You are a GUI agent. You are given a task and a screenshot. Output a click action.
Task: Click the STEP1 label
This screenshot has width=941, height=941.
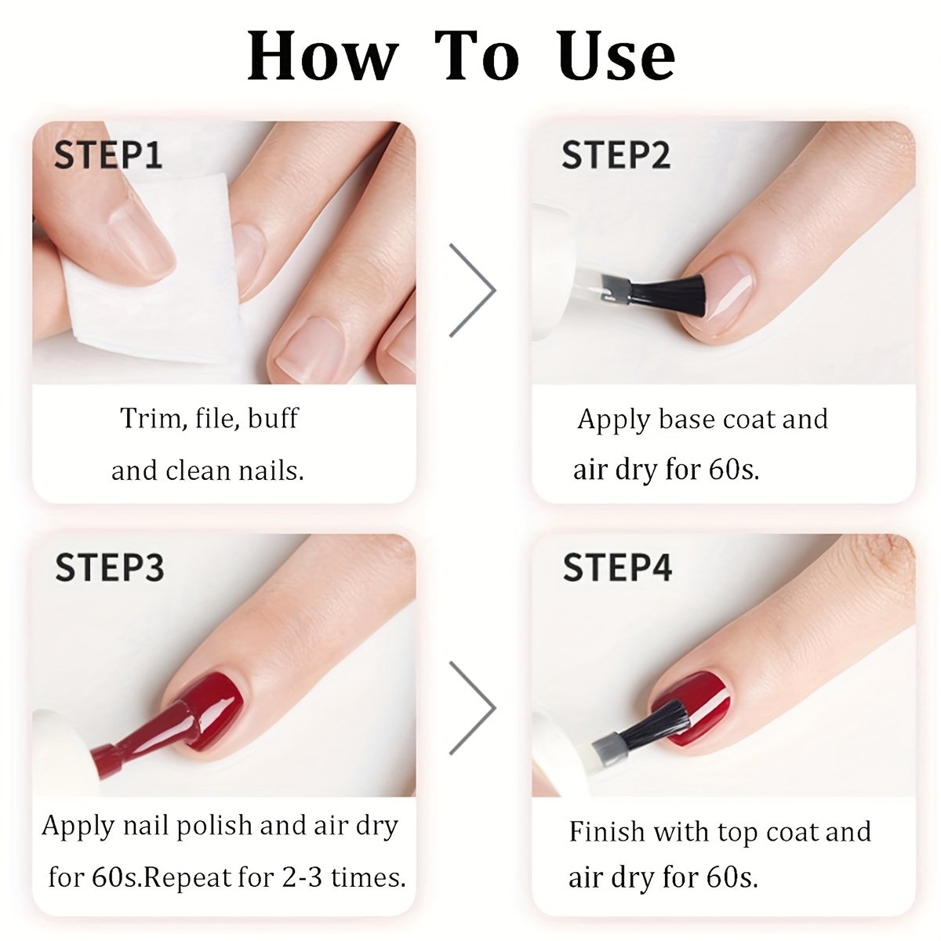(108, 154)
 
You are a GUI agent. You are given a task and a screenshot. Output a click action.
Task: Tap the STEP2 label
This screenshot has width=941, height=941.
(616, 154)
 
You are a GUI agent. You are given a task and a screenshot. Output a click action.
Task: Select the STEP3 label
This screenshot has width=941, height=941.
(109, 568)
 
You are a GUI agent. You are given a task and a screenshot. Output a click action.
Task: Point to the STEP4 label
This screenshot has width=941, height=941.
(617, 568)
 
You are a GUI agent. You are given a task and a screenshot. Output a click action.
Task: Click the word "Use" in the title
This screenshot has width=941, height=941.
(617, 56)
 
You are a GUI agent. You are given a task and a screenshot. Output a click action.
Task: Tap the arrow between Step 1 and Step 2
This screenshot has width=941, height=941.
(472, 290)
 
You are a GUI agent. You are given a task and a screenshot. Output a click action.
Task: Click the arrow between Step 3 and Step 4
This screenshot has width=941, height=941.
(472, 707)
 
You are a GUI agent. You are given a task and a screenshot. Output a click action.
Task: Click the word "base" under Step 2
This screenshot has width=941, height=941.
(687, 419)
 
